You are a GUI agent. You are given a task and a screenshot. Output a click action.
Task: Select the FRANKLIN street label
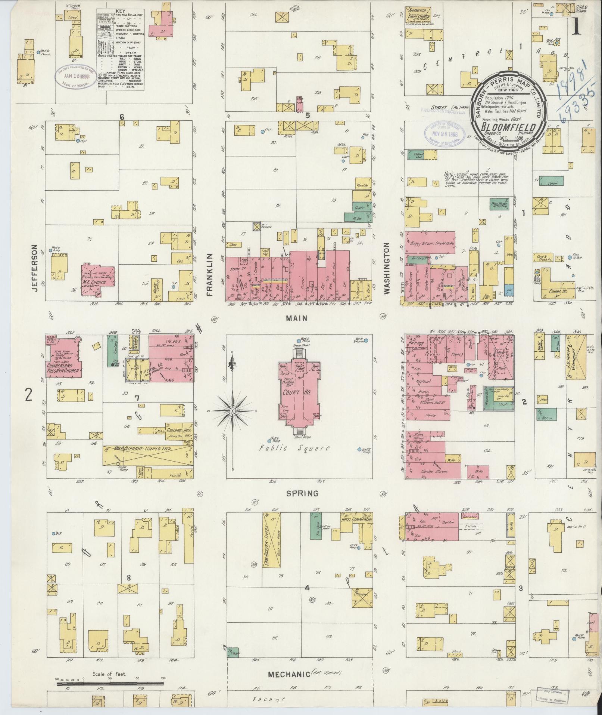pyautogui.click(x=209, y=275)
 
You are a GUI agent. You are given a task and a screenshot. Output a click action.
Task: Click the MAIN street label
pyautogui.click(x=297, y=318)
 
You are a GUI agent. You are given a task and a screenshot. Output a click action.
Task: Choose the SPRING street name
pyautogui.click(x=302, y=493)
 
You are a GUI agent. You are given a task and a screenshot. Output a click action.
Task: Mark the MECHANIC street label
pyautogui.click(x=289, y=674)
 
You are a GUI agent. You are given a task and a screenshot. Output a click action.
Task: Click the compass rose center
pyautogui.click(x=232, y=411)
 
